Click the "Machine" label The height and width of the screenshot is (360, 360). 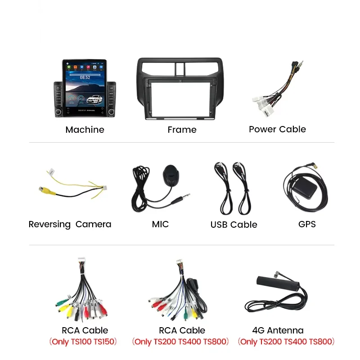click(85, 130)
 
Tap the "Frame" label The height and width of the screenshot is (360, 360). click(182, 130)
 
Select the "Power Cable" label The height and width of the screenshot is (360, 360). click(277, 129)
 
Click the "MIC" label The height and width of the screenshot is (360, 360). click(160, 224)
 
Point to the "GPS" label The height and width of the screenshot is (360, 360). click(307, 224)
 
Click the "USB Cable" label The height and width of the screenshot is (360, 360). click(234, 225)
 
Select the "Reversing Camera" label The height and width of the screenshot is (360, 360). click(70, 224)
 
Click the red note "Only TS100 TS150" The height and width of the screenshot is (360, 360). click(83, 342)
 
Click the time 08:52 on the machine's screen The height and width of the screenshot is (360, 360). click(85, 77)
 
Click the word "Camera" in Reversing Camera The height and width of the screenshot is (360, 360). click(93, 224)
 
